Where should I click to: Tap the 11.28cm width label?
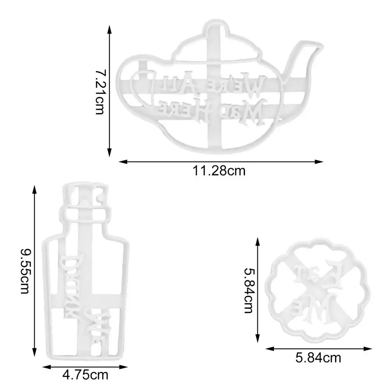[x=219, y=171]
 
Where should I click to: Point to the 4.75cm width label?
[x=85, y=376]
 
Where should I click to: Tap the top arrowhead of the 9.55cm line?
[x=34, y=188]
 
